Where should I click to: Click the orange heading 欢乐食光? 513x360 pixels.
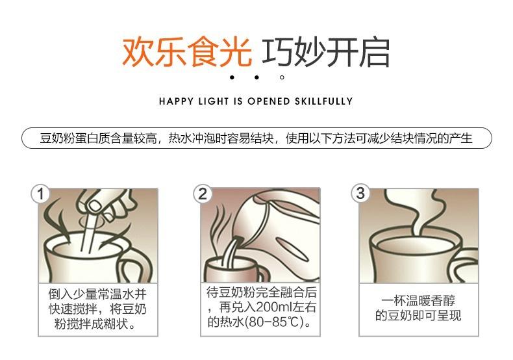[x=187, y=53]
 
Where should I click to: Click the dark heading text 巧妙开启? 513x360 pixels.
[x=325, y=53]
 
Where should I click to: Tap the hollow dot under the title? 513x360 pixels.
[x=282, y=77]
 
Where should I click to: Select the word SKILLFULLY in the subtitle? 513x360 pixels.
[x=323, y=101]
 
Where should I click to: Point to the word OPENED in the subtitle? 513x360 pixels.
[x=269, y=101]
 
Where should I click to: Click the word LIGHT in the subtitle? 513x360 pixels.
[x=213, y=101]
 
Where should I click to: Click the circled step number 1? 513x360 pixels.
[x=40, y=194]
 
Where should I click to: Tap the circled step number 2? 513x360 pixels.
[x=203, y=194]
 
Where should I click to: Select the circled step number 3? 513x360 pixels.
[x=360, y=194]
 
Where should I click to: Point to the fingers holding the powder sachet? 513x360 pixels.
[x=105, y=202]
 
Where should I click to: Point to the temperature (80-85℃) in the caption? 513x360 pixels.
[x=275, y=322]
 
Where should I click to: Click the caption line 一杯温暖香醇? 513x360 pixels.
[x=418, y=300]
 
